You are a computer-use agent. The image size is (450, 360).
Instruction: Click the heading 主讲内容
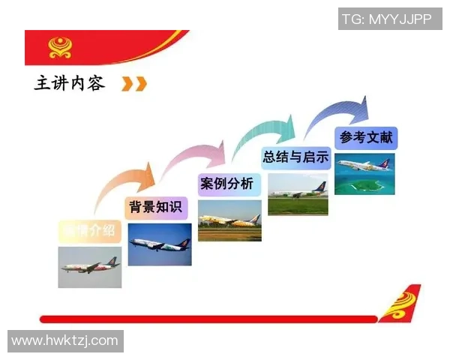pos(70,83)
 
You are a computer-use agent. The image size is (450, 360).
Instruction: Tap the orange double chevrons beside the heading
pos(134,84)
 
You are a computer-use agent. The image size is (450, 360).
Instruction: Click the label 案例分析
pos(226,184)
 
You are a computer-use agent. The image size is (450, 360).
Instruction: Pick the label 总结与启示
pos(295,157)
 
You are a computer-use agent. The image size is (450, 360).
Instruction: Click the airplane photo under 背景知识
pos(159,244)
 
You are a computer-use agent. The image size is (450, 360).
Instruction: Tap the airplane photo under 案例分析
pos(229,220)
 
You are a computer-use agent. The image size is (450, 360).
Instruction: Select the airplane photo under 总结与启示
pos(298,194)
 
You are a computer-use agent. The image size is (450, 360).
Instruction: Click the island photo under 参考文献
pos(364,173)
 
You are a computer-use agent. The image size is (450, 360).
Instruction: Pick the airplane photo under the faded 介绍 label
pos(90,267)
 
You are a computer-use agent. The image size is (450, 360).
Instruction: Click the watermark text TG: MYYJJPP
pos(387,19)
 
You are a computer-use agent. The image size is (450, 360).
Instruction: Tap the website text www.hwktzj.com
pos(64,340)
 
